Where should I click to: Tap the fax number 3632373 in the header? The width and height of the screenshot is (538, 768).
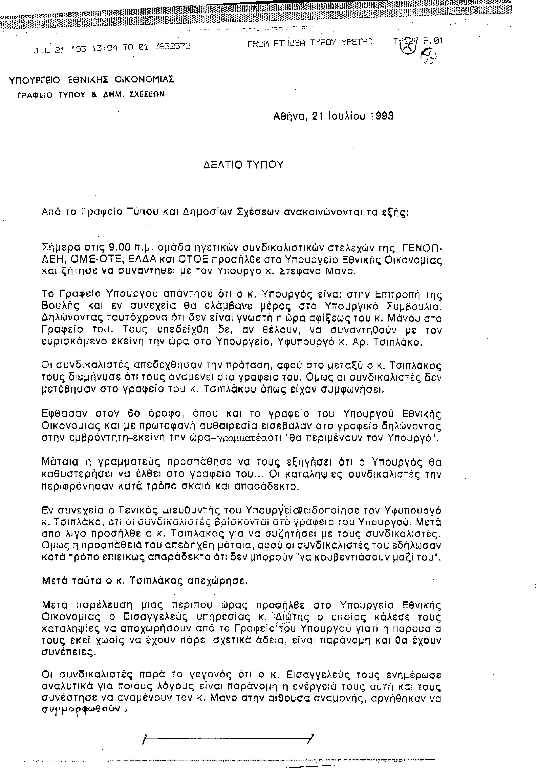click(172, 46)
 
